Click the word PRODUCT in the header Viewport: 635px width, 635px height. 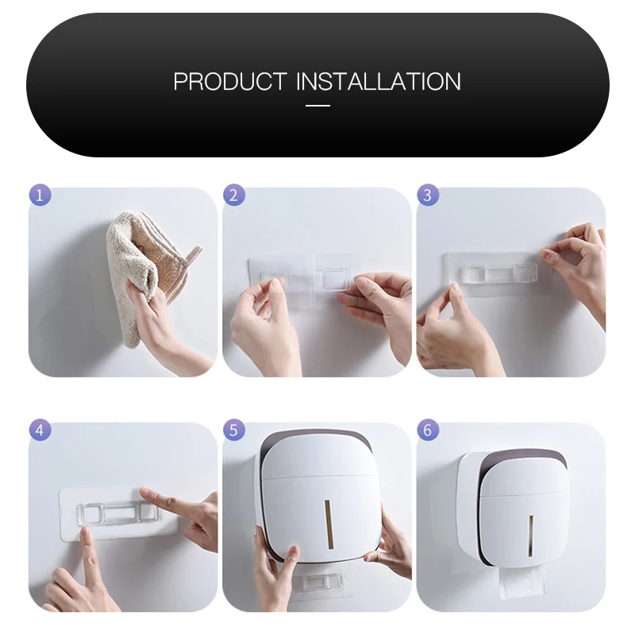coord(230,81)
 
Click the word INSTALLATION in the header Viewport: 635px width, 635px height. coord(379,81)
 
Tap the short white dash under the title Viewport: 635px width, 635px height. coord(317,106)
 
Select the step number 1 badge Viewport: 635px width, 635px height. coord(40,195)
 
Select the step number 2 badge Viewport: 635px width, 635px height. coord(233,195)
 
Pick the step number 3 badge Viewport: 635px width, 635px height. coord(428,195)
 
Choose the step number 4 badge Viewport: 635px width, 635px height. coord(40,430)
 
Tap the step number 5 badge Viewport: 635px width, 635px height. coord(233,430)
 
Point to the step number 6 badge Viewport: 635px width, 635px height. coord(428,430)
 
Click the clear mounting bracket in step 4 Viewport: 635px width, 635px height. coord(117,514)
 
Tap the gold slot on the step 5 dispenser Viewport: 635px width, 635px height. coord(329,525)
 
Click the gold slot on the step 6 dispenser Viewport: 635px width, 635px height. coord(530,536)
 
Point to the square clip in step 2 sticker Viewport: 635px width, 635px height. coord(335,280)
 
